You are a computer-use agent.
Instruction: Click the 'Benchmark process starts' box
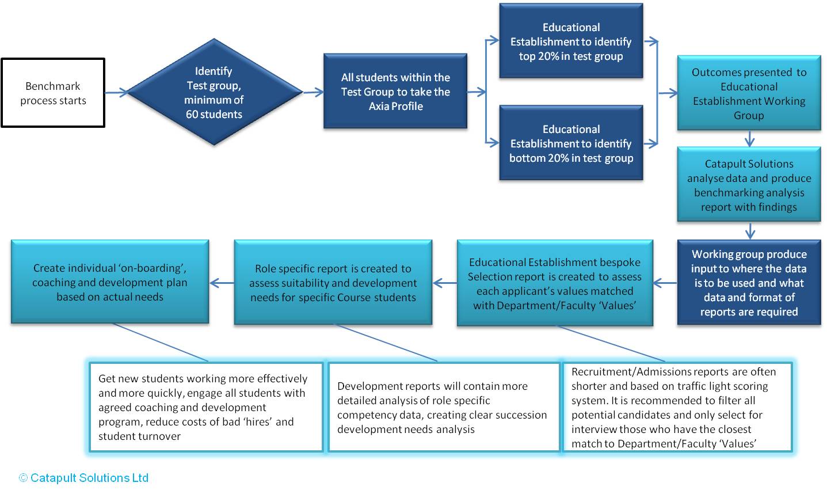point(53,93)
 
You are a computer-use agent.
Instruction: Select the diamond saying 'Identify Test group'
point(214,92)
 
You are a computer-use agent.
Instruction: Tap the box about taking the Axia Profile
point(395,91)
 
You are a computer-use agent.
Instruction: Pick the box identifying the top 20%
point(571,41)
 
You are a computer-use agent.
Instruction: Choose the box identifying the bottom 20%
point(571,143)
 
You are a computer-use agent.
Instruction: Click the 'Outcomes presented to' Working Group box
point(749,93)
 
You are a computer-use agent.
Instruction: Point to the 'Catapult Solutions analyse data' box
point(749,185)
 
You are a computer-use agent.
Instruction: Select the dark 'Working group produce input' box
point(749,283)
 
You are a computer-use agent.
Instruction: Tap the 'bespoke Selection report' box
point(555,283)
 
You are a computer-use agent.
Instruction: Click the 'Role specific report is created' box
point(333,283)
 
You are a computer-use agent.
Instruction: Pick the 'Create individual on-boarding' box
point(110,282)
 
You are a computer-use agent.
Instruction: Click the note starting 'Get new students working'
point(206,407)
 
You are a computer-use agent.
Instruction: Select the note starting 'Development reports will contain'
point(444,407)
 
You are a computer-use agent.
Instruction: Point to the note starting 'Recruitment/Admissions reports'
point(677,407)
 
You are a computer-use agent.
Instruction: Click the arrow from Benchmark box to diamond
point(116,92)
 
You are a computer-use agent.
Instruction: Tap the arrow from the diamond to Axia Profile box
point(314,92)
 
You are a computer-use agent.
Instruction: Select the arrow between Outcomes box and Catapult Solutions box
point(749,139)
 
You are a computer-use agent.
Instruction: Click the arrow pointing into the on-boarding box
point(222,283)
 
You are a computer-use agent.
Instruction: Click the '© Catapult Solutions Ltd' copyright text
point(84,478)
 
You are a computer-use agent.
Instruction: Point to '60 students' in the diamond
point(214,114)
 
